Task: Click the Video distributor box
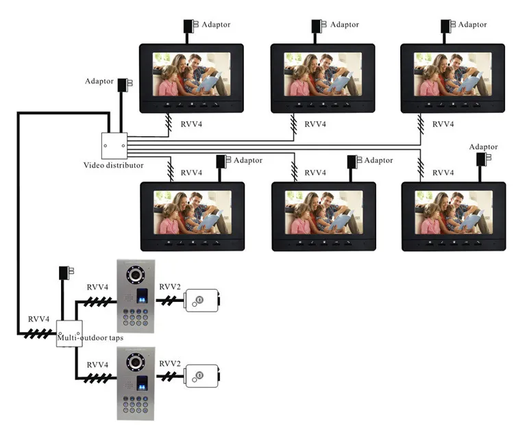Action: click(x=114, y=146)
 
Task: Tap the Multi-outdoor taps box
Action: click(x=69, y=333)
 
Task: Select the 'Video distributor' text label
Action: click(x=113, y=165)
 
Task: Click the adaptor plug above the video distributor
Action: click(x=125, y=84)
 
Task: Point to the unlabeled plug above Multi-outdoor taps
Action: click(x=66, y=273)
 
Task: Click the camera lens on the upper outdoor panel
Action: click(x=136, y=275)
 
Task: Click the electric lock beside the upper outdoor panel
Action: click(x=202, y=301)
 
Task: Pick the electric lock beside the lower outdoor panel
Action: click(x=202, y=376)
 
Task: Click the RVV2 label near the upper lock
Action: click(x=170, y=287)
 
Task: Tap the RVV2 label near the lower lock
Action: click(x=170, y=364)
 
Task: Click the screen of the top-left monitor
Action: click(x=191, y=75)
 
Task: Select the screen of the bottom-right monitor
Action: click(x=454, y=212)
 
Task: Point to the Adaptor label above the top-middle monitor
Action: click(x=345, y=25)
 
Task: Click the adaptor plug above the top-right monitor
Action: click(x=448, y=26)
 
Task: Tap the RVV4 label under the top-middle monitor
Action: click(x=315, y=124)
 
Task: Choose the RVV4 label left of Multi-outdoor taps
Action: click(x=38, y=319)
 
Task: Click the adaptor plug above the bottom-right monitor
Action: click(x=484, y=159)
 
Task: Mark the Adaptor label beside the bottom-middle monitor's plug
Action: click(x=378, y=160)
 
